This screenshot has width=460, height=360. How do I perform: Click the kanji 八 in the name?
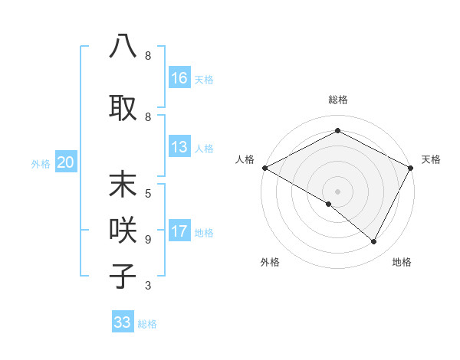[x=123, y=46]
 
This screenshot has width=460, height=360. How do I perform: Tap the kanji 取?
[x=123, y=107]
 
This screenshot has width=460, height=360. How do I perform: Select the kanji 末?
[x=123, y=185]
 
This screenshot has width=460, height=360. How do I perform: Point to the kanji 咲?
[x=123, y=230]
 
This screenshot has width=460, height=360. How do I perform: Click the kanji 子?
[x=123, y=276]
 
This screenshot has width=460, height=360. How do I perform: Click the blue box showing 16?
[x=179, y=78]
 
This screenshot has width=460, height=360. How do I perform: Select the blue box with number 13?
[x=179, y=147]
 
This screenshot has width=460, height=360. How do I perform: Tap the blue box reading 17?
[x=179, y=231]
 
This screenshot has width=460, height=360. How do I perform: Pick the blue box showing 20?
[x=66, y=162]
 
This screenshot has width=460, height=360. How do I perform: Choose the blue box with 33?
[x=123, y=322]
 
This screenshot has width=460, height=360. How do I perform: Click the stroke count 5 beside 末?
[x=148, y=193]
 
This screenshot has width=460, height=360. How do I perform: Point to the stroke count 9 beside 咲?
[x=148, y=239]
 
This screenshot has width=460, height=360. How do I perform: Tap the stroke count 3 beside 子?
[x=148, y=286]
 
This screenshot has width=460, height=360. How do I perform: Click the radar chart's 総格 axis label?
[x=337, y=100]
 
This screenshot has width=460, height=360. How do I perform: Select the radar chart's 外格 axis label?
[x=270, y=262]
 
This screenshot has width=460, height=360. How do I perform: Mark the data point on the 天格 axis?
[x=411, y=167]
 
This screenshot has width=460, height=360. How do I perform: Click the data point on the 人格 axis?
[x=264, y=167]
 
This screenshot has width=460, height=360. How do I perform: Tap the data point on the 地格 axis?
[x=374, y=241]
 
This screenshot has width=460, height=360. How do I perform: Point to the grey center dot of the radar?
[x=337, y=191]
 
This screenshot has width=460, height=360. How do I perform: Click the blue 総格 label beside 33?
[x=147, y=324]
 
